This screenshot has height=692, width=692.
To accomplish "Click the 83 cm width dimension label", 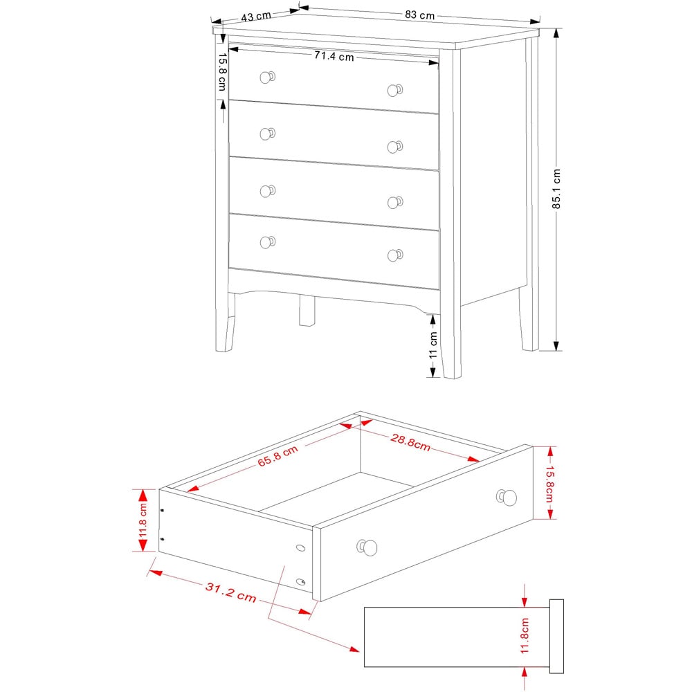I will coord(419,14).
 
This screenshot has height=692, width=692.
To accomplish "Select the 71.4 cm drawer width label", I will coord(334,57).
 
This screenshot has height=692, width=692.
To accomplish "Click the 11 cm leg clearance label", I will coord(433,344).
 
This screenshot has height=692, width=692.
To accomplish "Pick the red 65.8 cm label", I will coord(277,457).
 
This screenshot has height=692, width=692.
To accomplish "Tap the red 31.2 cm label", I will coord(230,592).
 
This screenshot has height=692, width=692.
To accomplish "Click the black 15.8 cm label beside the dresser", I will coord(222,72).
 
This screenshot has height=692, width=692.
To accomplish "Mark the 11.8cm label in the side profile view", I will coord(525,635).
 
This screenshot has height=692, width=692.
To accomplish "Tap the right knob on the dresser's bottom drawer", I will coord(394,255).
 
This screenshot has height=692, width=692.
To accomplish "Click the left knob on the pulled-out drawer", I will coord(367,548).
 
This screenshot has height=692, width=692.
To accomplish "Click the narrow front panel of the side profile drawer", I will coord(556,636).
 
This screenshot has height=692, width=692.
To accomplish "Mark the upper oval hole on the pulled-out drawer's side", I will coord(300,548).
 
